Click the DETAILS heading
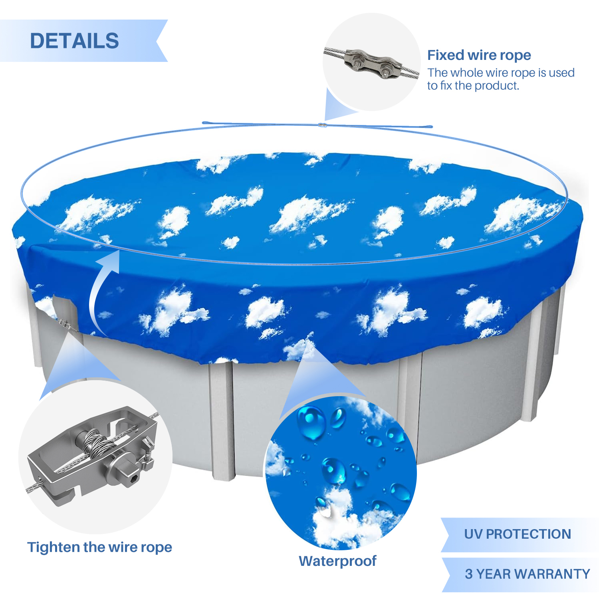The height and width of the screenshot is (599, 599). [74, 41]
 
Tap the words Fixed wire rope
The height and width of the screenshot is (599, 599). [479, 55]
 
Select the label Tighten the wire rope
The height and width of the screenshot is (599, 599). [99, 547]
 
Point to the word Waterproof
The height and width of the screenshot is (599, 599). [337, 561]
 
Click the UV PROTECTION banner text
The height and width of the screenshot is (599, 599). [518, 534]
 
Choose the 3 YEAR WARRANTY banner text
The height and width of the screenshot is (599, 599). [528, 574]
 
